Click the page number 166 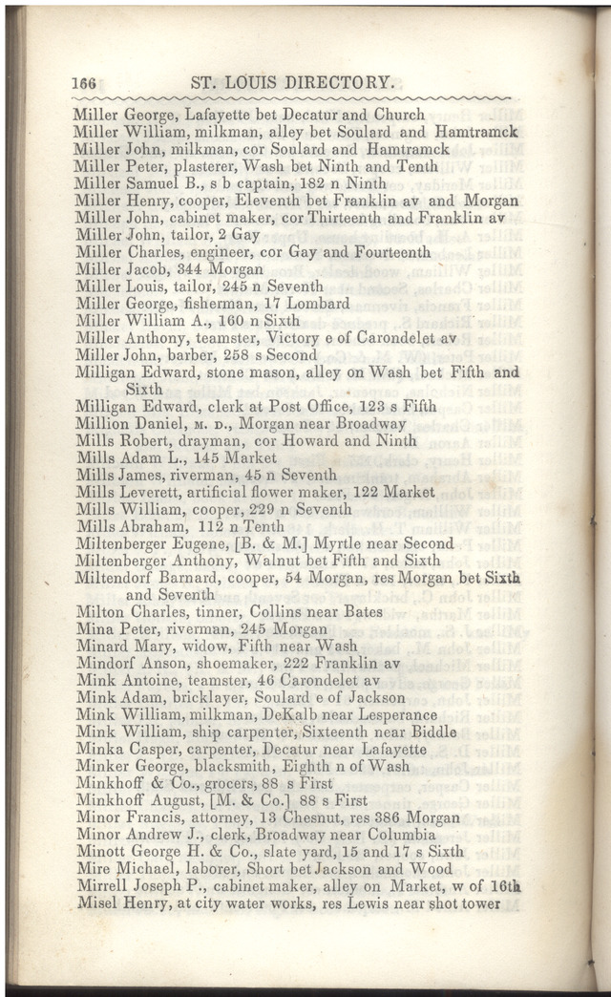pos(85,83)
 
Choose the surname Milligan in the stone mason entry pos(106,372)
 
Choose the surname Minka pos(96,749)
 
